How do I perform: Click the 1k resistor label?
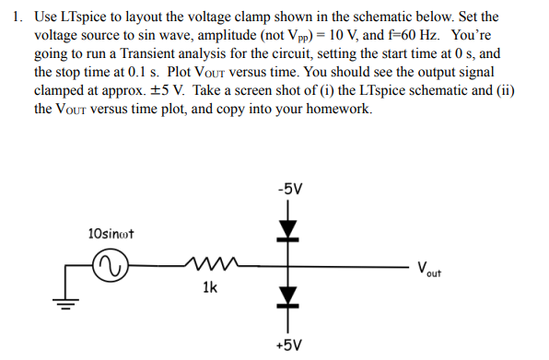210,288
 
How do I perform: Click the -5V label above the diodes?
288,190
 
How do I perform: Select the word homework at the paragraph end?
339,109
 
